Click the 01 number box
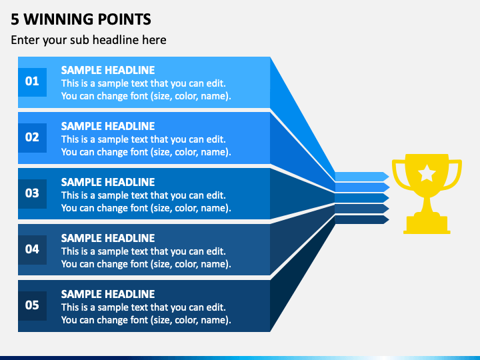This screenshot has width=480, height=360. (x=32, y=82)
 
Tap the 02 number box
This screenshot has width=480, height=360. (x=32, y=138)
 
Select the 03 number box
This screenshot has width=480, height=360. (x=32, y=194)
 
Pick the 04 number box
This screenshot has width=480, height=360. (x=32, y=250)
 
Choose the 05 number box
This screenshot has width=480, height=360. (x=32, y=306)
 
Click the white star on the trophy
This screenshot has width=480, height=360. (x=427, y=173)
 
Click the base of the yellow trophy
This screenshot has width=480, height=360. (x=427, y=225)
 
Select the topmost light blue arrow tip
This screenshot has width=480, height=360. (x=385, y=176)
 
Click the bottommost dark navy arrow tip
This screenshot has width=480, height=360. (x=385, y=219)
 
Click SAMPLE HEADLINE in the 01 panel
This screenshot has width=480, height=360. (x=108, y=70)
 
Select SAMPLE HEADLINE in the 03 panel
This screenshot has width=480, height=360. (x=108, y=182)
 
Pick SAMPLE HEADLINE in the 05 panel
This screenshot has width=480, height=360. (x=108, y=294)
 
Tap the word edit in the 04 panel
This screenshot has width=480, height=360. (x=215, y=251)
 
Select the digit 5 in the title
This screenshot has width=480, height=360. (x=15, y=19)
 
